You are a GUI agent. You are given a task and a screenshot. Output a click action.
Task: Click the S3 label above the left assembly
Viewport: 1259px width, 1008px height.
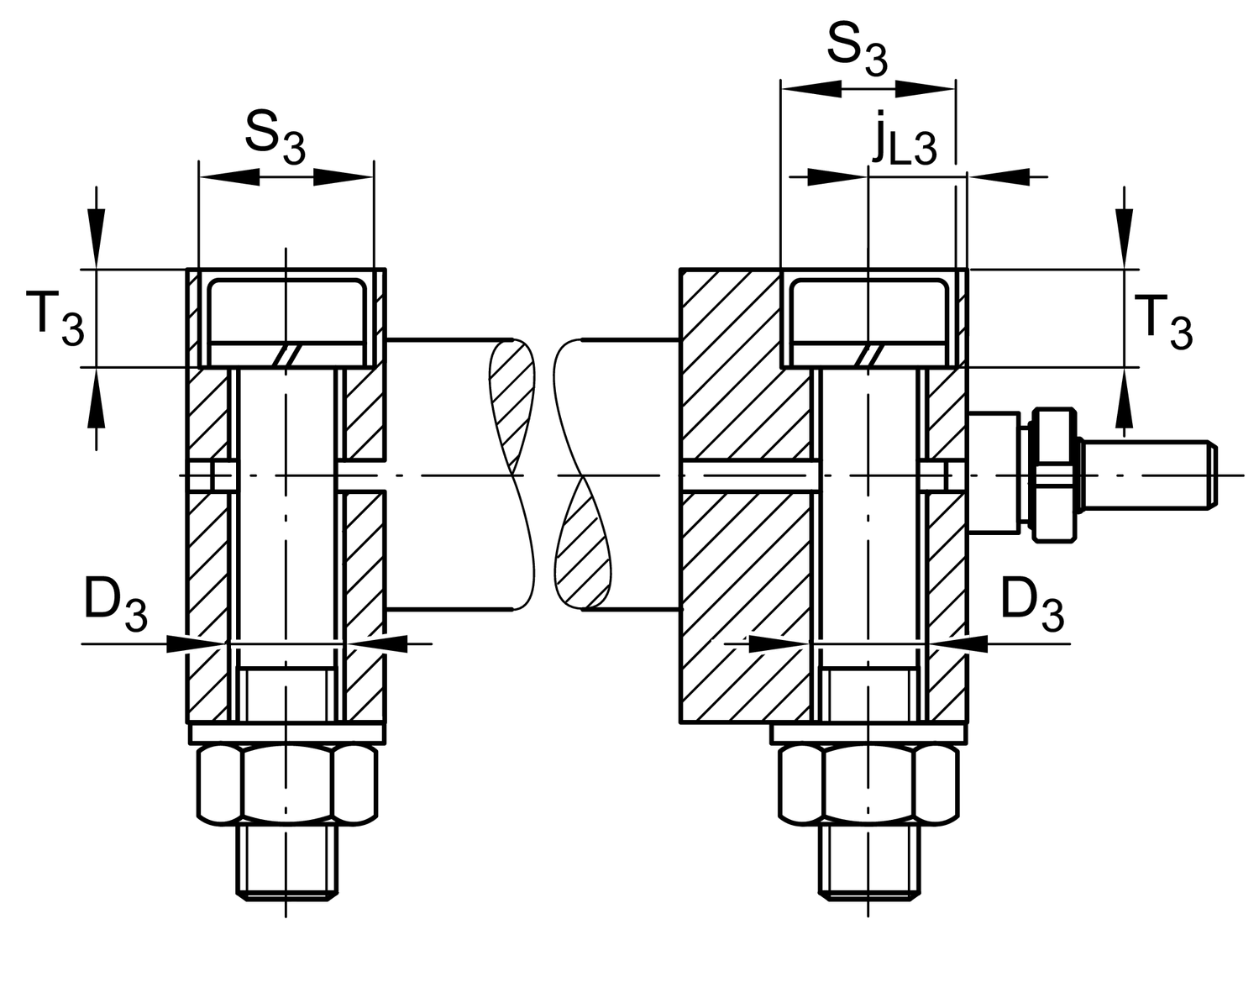click(x=275, y=136)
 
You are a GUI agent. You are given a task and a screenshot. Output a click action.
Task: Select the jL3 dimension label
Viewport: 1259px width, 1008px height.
click(x=902, y=140)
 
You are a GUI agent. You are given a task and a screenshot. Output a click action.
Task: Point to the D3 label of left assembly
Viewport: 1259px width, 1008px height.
click(x=115, y=606)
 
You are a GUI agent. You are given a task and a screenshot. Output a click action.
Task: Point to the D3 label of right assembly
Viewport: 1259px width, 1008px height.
click(x=1032, y=606)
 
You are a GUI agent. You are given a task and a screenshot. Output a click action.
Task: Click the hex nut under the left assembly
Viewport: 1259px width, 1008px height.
click(x=286, y=783)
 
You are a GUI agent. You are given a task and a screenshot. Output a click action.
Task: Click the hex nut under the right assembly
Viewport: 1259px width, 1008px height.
click(x=868, y=783)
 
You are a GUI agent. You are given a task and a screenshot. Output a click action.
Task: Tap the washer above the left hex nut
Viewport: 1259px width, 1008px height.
click(x=286, y=733)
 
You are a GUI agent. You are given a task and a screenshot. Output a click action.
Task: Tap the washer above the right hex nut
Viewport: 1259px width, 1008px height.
click(x=868, y=733)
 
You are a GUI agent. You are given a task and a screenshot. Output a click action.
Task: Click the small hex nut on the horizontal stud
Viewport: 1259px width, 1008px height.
click(x=1055, y=475)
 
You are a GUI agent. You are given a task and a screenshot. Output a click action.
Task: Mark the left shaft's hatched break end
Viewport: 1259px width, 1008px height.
click(x=512, y=395)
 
